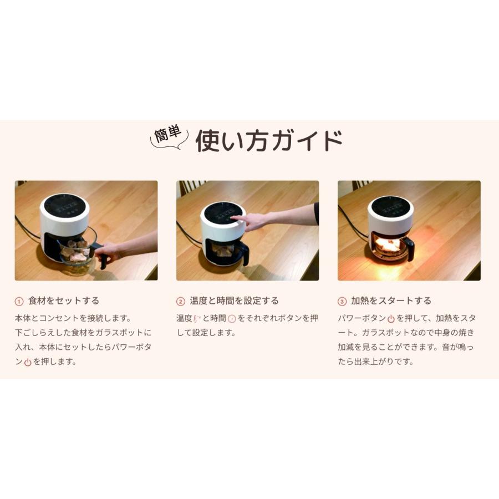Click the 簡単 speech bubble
(169, 138)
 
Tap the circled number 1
(19, 302)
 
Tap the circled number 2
(181, 302)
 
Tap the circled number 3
(342, 302)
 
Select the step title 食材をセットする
(63, 301)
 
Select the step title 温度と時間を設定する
(234, 301)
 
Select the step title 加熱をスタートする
(391, 301)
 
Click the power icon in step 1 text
(28, 362)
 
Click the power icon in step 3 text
(391, 319)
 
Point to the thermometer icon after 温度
(196, 319)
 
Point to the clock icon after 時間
(232, 319)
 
